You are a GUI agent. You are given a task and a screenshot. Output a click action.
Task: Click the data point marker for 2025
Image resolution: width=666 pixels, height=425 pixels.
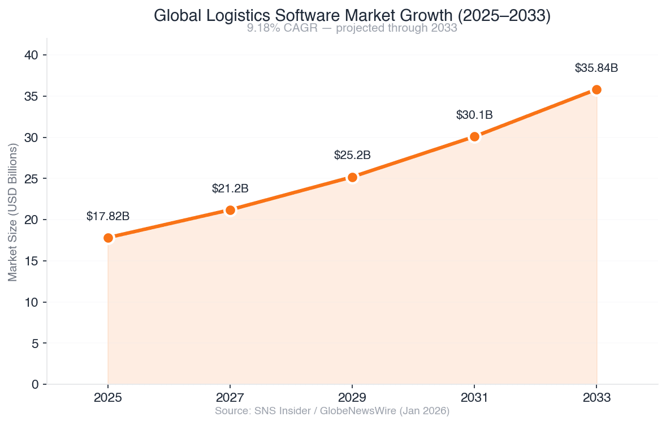point(108,238)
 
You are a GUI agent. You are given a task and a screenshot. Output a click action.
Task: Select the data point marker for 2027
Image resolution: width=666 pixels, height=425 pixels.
point(230,210)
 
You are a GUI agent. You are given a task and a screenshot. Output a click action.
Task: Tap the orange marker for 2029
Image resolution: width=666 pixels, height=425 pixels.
point(352,177)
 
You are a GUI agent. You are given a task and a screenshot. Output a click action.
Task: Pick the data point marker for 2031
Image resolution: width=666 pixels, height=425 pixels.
point(474,136)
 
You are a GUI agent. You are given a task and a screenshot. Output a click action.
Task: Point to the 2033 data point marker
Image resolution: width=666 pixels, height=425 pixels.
point(596,89)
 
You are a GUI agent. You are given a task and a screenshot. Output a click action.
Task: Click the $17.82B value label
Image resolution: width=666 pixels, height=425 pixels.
point(108,216)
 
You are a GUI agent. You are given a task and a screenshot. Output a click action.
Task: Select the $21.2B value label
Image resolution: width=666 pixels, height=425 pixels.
point(230,188)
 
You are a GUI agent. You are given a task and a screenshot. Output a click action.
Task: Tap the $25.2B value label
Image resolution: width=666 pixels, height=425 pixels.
point(352,155)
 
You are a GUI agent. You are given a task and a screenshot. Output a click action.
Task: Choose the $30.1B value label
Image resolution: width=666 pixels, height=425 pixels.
point(474,115)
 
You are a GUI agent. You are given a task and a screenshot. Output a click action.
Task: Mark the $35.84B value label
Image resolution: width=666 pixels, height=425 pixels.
point(596,68)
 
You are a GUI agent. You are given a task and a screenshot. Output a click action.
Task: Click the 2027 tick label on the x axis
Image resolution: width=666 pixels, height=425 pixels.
point(230,397)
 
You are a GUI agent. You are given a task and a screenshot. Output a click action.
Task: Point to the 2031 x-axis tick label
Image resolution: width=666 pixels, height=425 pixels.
point(474,397)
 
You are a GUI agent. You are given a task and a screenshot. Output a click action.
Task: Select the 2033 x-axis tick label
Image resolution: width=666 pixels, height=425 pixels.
point(596,397)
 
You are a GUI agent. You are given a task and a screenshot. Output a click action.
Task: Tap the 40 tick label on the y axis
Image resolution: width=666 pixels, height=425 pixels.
point(32,55)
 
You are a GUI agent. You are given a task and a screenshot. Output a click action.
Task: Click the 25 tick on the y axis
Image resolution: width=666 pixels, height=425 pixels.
point(32,179)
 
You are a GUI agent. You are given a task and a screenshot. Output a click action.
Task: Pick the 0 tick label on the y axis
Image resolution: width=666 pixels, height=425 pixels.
point(36,384)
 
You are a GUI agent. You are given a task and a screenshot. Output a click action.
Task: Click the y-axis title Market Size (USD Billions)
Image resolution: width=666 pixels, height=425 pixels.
point(13,212)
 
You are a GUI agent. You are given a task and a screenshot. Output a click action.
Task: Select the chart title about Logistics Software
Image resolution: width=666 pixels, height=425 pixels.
point(352,16)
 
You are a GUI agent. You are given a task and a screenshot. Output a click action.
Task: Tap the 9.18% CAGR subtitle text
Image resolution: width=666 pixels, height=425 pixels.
point(352,28)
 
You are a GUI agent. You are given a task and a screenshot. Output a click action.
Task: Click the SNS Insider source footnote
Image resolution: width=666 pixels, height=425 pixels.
point(332,411)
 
